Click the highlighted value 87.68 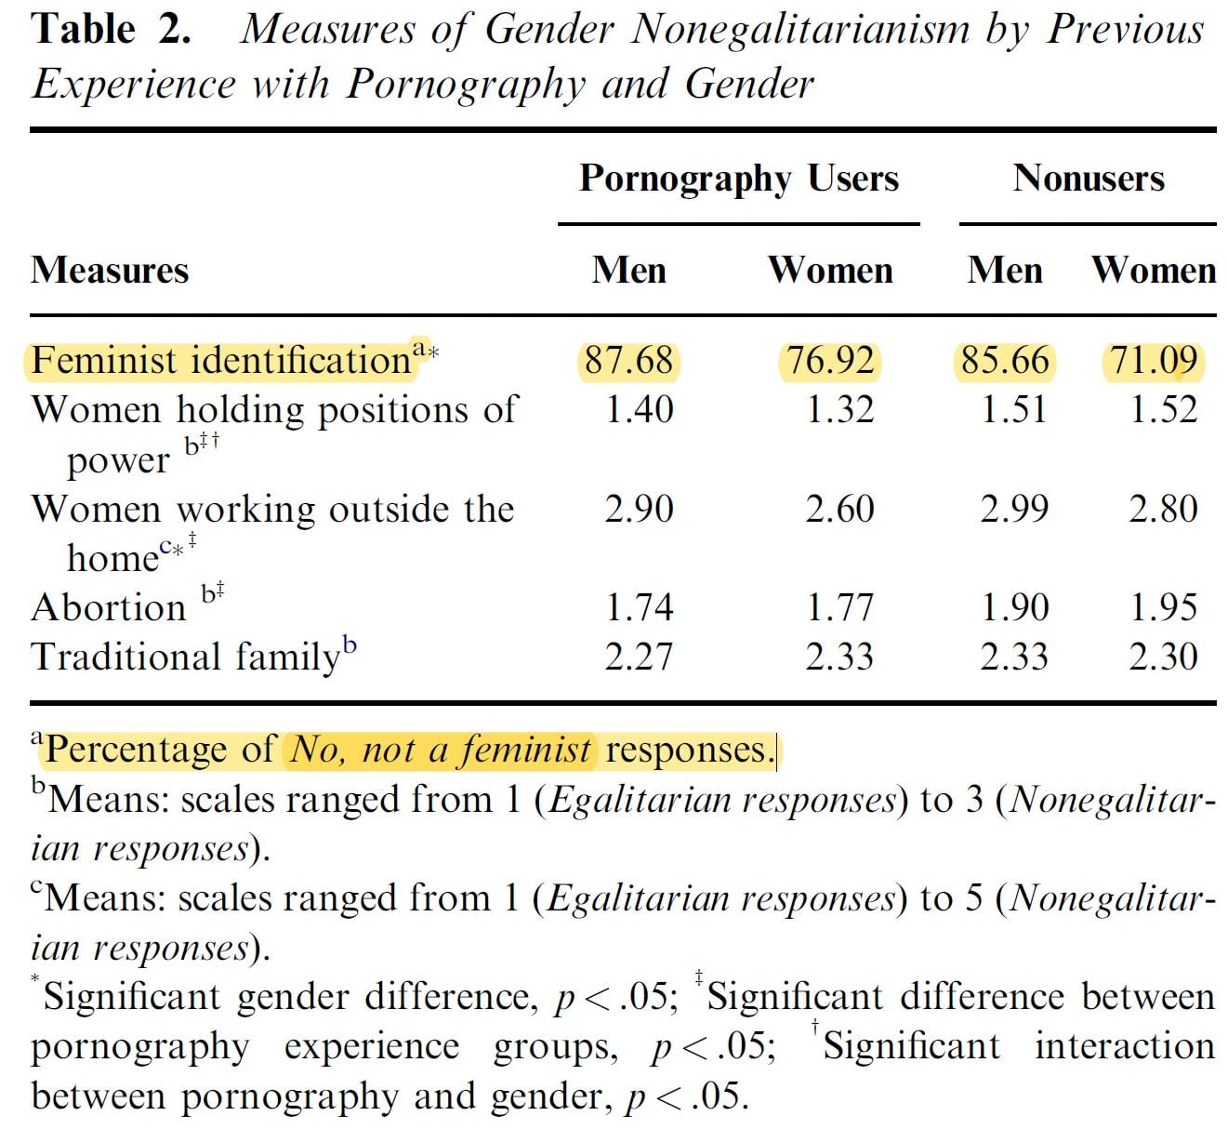629,361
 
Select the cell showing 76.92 830,361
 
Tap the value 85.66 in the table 1005,361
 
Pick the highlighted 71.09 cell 1154,361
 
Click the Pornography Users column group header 739,179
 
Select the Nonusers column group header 1088,179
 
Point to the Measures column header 110,271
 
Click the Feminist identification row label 221,361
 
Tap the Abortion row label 109,608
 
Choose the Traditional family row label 186,657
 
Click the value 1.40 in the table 639,410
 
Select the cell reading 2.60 839,509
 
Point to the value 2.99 1014,509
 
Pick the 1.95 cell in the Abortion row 1163,608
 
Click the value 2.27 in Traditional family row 639,657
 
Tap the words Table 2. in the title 112,30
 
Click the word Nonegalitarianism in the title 799,30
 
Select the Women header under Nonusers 1154,271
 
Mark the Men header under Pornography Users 629,271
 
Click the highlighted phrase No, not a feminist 441,750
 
